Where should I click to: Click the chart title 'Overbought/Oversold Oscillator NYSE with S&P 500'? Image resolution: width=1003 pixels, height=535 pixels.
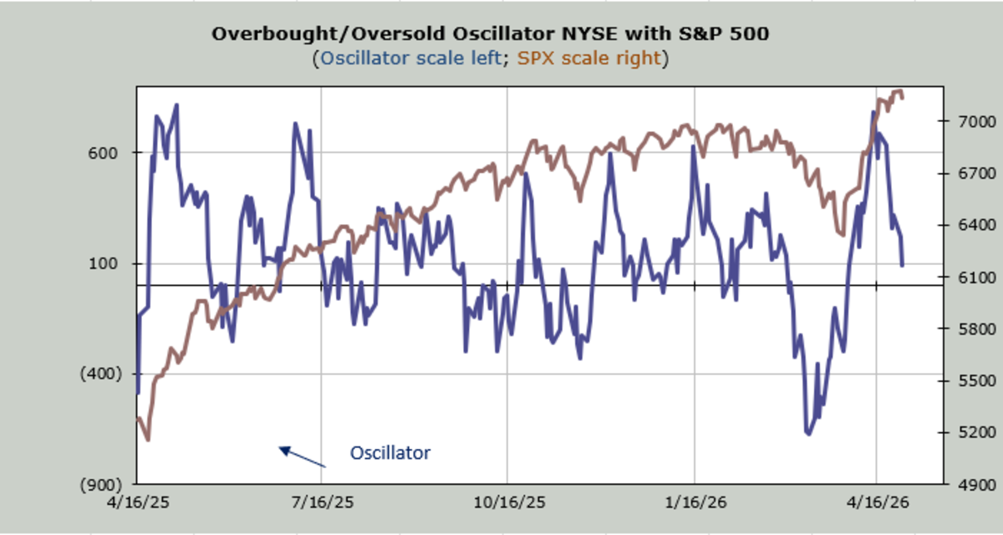(x=489, y=33)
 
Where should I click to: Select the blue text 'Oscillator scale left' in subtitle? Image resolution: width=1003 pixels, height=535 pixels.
(x=415, y=59)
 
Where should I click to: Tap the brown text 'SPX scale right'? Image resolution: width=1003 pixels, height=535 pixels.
(x=588, y=59)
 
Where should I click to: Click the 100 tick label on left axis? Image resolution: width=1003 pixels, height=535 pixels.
(x=110, y=263)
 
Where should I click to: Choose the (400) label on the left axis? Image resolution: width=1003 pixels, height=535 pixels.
(x=99, y=374)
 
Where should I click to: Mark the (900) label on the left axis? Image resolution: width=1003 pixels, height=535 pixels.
(x=99, y=484)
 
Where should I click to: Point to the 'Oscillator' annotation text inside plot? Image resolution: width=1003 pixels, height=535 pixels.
(x=390, y=453)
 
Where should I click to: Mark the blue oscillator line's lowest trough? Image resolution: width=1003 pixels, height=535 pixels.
(x=808, y=433)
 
